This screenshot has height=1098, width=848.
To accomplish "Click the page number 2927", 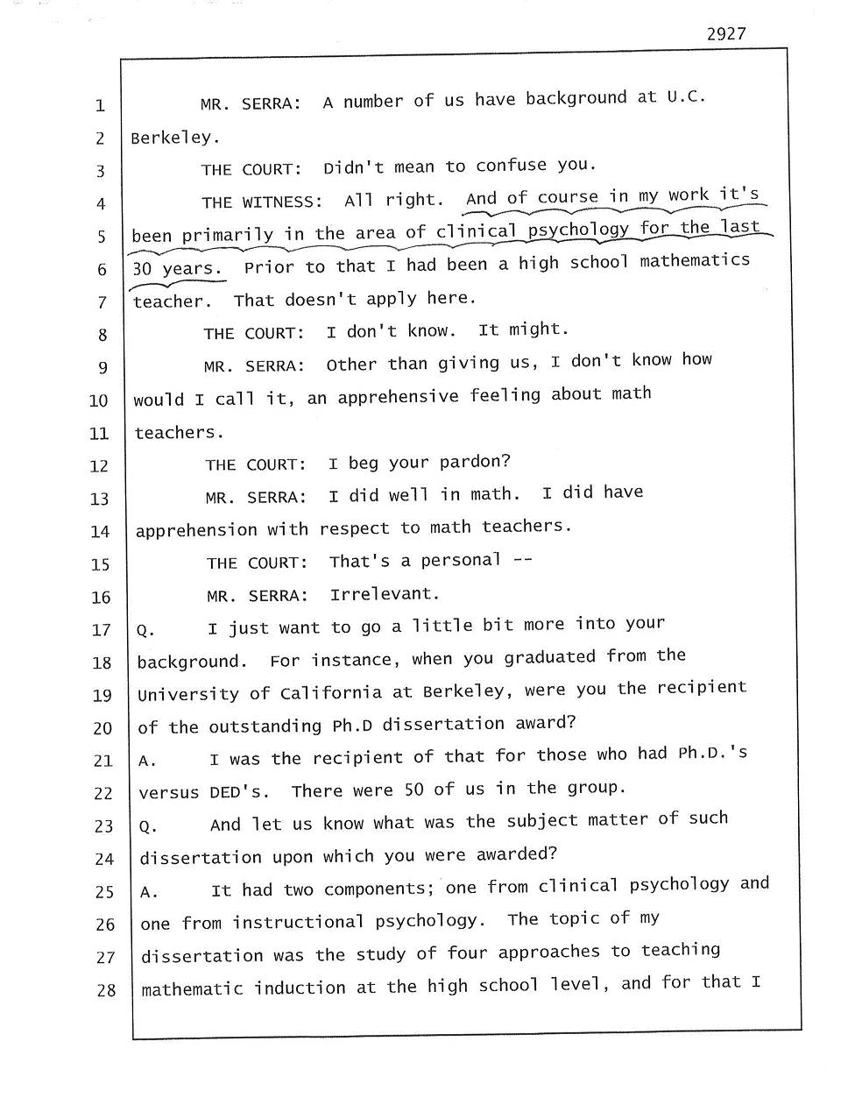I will point(726,34).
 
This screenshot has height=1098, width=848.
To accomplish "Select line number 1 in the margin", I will point(100,107).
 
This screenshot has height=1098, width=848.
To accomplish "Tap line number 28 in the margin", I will point(106,991).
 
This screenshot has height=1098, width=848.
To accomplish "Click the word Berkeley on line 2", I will point(171,138).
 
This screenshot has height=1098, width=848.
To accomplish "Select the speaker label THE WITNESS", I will point(261,202).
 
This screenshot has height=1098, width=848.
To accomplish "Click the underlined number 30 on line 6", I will point(141,269).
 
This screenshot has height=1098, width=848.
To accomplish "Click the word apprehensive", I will point(398,397).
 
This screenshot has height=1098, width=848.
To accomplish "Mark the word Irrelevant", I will point(384,594).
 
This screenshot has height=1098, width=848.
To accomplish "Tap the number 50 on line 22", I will point(414,790).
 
